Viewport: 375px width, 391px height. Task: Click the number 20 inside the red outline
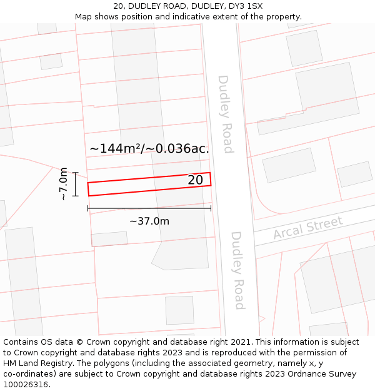(x=195, y=180)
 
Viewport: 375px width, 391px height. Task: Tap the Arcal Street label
(x=308, y=228)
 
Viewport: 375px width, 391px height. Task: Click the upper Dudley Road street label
(x=224, y=114)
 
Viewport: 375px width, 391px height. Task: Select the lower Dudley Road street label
(x=237, y=270)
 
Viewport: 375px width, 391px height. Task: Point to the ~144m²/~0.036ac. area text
(x=149, y=149)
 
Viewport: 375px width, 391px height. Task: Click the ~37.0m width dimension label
(x=149, y=221)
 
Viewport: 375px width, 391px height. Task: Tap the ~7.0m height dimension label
(x=63, y=184)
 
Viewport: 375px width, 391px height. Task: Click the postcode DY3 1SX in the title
(x=246, y=6)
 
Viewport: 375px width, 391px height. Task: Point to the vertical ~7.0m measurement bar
(x=75, y=184)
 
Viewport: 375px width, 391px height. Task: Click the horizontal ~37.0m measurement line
(x=149, y=208)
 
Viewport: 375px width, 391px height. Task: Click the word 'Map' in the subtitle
(x=84, y=17)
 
